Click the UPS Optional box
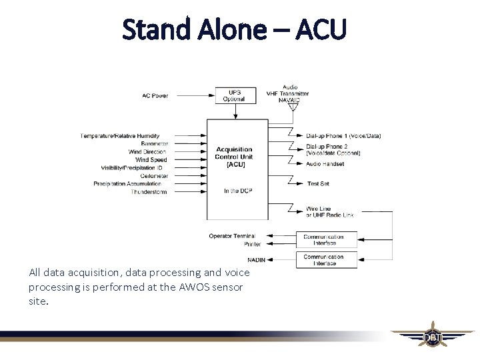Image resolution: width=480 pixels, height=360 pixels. point(234,96)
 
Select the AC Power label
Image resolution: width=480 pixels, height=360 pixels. point(155,96)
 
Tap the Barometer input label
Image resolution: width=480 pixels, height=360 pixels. point(154,144)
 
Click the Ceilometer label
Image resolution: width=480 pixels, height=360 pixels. point(154,176)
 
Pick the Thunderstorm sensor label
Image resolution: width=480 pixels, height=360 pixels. point(149,192)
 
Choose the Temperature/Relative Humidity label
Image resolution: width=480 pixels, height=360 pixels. point(124,136)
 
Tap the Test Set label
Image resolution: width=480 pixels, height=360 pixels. point(317,183)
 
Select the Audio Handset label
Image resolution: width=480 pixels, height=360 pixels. point(325,164)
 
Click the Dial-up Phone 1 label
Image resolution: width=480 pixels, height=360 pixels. point(343,136)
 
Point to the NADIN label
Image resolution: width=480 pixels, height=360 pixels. point(256,259)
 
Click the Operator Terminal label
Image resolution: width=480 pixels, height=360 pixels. point(231,236)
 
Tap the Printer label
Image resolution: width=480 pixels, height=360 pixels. point(253,244)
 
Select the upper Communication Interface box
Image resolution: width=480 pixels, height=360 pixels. point(323,240)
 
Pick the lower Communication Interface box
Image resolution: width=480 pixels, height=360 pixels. point(323,260)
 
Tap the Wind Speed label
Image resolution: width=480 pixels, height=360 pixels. point(151,160)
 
